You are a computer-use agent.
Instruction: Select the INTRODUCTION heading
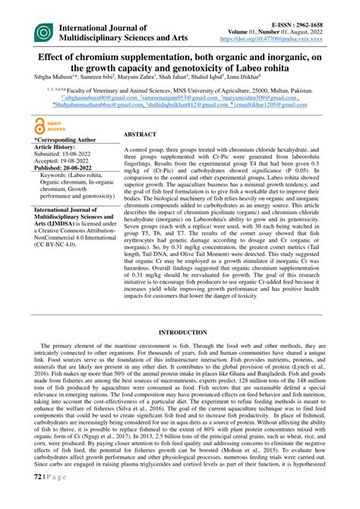(x=180, y=333)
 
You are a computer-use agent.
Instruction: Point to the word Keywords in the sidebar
(x=55, y=175)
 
